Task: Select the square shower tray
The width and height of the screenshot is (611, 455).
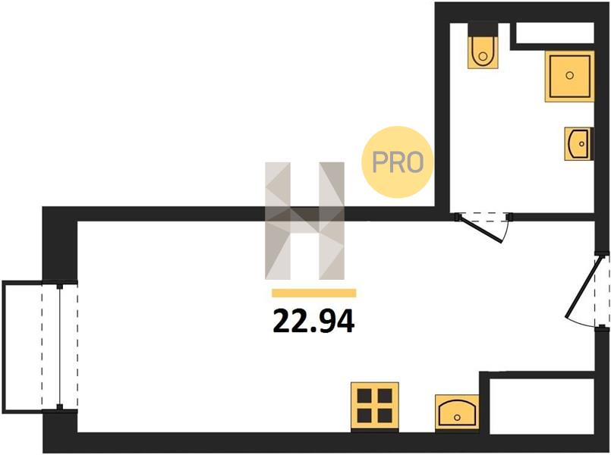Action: tap(569, 77)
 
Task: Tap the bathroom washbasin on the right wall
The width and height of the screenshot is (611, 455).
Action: tap(579, 143)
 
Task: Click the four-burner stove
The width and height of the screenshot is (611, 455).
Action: tap(374, 406)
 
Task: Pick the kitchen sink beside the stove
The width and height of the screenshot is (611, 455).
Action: tap(457, 413)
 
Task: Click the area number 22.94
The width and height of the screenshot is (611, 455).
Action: tap(313, 321)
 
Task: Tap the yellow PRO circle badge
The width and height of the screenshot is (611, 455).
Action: tap(398, 162)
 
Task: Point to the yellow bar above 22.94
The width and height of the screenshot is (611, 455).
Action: tap(314, 293)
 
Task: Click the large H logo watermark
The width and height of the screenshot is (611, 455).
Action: tap(304, 221)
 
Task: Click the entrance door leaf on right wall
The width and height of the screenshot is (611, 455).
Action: tap(584, 286)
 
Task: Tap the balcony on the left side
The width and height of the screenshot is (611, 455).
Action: tap(31, 347)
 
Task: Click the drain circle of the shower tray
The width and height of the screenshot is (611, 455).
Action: tap(569, 76)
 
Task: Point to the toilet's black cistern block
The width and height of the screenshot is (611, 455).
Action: tap(483, 29)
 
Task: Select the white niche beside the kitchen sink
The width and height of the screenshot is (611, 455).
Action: tap(542, 406)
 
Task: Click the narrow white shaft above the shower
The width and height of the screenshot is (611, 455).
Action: tap(555, 33)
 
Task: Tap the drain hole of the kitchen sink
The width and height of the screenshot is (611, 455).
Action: tap(457, 418)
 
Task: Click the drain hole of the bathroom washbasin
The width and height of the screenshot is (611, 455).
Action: tap(581, 144)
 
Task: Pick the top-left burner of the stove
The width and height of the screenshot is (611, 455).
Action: tap(364, 396)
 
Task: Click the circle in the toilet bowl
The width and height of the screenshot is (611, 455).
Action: tap(483, 56)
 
